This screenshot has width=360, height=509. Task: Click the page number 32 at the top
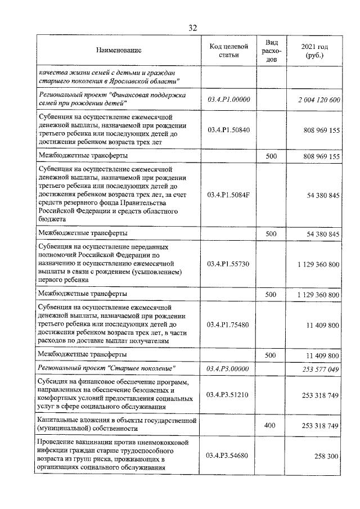point(192,27)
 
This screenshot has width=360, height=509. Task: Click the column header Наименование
point(118,51)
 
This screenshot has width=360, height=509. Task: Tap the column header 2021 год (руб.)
point(315,51)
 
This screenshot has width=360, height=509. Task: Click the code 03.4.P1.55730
point(228,263)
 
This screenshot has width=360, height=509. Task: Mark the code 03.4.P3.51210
point(228,395)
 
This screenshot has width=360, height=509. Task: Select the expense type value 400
point(271,425)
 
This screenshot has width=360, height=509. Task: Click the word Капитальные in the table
point(60,420)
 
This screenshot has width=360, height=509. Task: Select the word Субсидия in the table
point(53,382)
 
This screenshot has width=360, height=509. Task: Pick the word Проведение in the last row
point(58,442)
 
